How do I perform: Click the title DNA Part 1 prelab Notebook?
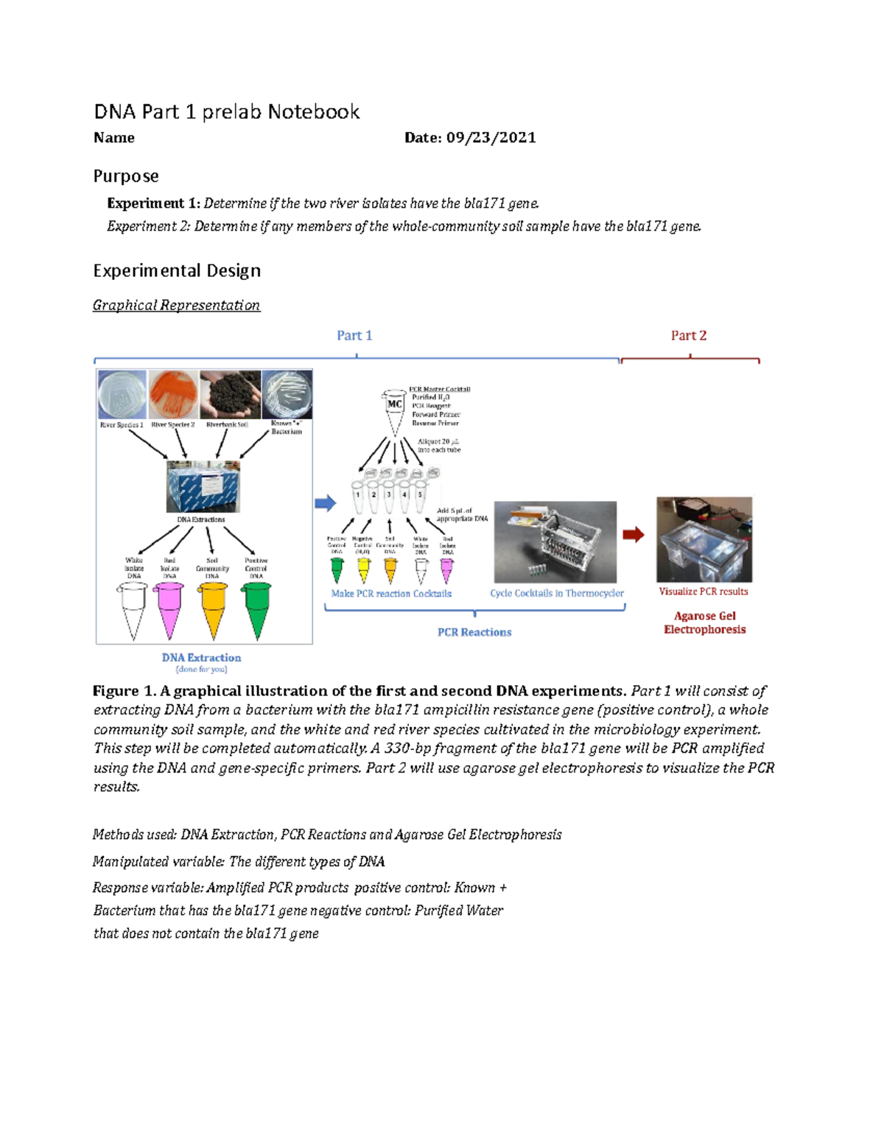click(226, 112)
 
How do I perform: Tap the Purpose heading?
click(126, 176)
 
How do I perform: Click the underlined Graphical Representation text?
click(176, 305)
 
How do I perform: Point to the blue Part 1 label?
click(354, 336)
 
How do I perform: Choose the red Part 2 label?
click(688, 336)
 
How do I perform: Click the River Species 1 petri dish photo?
click(122, 395)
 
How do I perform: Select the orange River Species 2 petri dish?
click(173, 395)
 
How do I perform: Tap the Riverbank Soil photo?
click(230, 395)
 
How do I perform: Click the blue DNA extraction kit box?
click(203, 487)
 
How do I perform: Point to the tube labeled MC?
click(395, 410)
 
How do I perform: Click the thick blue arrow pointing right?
click(326, 503)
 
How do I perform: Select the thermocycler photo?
click(555, 542)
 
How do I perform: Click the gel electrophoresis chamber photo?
click(704, 540)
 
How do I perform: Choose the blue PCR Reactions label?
click(474, 632)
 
